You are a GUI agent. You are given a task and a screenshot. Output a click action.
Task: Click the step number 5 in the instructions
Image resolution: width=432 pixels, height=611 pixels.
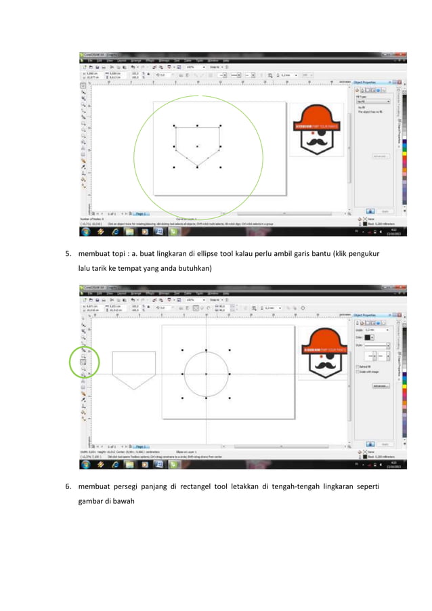click(x=68, y=255)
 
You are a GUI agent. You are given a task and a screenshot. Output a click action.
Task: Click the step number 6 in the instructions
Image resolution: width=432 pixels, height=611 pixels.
click(x=68, y=486)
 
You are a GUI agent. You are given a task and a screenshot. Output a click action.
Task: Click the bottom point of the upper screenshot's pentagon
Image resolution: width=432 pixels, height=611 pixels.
click(x=197, y=167)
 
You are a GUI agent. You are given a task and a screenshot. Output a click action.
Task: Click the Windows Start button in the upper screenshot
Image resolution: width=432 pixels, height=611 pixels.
click(x=86, y=231)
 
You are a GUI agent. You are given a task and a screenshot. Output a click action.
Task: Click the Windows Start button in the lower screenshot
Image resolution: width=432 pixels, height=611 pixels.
click(x=86, y=463)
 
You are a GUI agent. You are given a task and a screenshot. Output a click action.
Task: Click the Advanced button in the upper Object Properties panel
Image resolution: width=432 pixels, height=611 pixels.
click(x=381, y=156)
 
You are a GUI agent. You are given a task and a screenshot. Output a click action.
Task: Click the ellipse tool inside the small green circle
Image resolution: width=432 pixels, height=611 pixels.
click(x=84, y=362)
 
